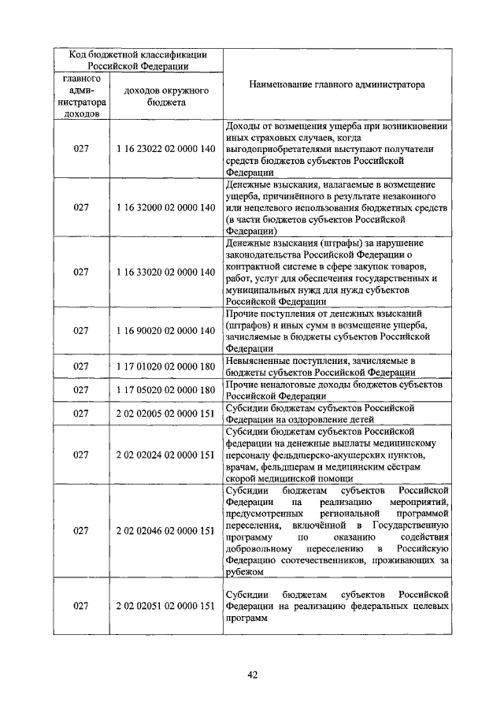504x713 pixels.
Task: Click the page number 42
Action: point(252,674)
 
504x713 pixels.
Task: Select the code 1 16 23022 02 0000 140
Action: point(165,148)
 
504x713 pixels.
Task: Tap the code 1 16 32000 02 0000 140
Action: point(165,207)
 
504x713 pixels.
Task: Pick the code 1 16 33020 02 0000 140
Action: point(165,271)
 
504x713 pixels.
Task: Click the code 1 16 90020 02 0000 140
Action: point(165,330)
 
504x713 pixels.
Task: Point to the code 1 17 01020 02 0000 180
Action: point(165,366)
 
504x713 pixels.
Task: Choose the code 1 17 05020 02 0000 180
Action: point(165,390)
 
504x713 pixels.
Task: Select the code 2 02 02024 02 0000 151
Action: point(165,455)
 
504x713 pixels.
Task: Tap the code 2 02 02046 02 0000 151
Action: point(165,531)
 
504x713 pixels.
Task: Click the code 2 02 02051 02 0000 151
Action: point(165,605)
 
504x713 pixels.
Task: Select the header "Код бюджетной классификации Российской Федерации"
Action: point(139,61)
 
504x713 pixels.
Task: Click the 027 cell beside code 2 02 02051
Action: point(81,605)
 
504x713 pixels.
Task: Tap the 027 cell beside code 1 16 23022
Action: point(81,148)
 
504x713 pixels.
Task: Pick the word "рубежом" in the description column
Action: point(243,572)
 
